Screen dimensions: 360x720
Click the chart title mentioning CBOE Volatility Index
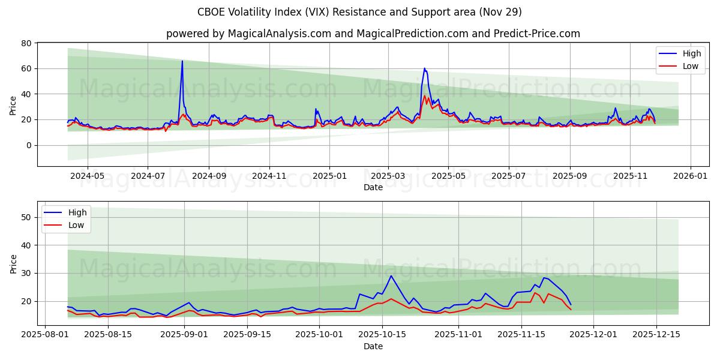[359, 12]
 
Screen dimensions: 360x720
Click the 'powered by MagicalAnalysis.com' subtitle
[373, 34]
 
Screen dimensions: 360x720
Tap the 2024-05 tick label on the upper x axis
[88, 176]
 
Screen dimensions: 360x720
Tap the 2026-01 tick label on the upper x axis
[690, 176]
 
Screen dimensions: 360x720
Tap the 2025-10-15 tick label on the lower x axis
[382, 335]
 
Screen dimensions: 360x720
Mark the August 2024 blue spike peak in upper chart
[182, 61]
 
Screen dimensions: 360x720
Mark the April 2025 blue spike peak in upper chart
[424, 68]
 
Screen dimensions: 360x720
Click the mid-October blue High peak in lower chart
[391, 276]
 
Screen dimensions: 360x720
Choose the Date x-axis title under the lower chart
[373, 346]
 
